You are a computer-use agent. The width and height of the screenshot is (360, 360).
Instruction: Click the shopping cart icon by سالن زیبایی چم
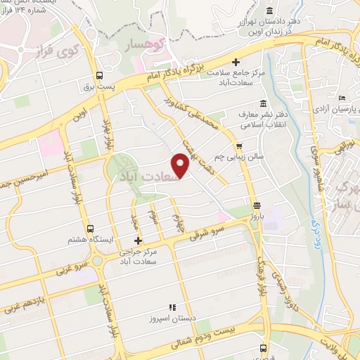[x=240, y=146]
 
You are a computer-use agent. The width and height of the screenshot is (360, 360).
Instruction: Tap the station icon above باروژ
[x=257, y=205]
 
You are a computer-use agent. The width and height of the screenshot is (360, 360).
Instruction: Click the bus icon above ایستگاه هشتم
[x=89, y=228]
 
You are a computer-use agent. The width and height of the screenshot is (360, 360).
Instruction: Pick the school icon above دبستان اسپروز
[x=169, y=307]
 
